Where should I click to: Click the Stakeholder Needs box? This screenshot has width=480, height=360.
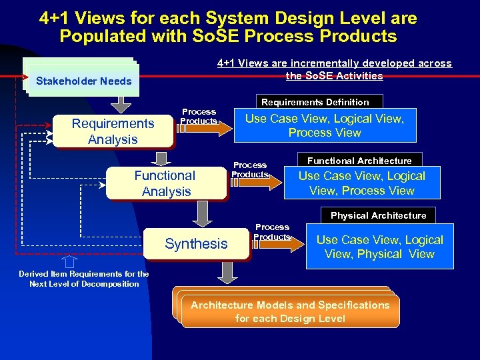[83, 81]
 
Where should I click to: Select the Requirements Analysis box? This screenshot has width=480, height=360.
[113, 131]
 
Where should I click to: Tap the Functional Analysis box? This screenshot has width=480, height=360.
[165, 183]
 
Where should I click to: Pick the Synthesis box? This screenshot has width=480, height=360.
[196, 244]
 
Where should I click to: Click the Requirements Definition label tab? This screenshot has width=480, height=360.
[315, 102]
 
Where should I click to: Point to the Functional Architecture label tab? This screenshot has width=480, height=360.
[359, 161]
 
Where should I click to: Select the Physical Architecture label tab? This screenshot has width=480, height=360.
[378, 215]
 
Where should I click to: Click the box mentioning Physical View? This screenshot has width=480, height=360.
[379, 247]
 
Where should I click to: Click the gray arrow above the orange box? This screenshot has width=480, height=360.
[229, 273]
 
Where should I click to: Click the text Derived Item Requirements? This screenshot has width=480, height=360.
[84, 274]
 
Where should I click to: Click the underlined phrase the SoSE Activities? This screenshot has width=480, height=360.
[334, 76]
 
